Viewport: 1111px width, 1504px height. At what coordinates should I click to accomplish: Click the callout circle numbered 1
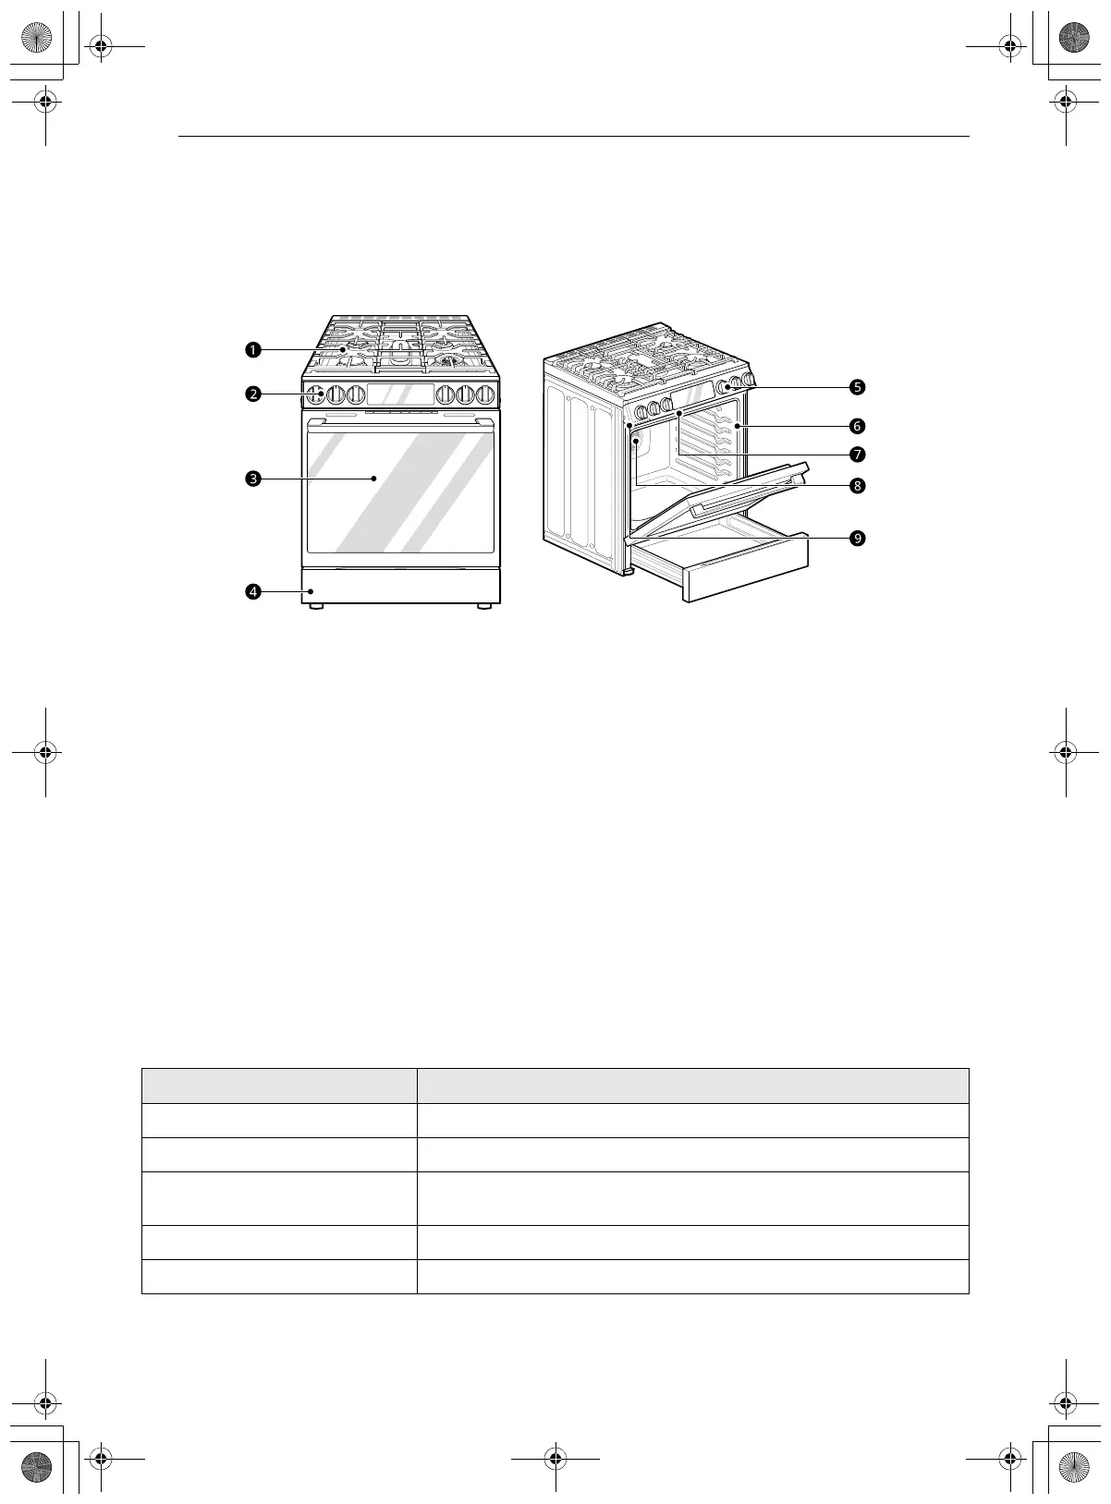coord(253,350)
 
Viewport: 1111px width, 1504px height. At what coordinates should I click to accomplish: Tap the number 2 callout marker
coord(253,394)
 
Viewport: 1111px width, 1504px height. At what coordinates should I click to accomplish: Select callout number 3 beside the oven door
coord(253,479)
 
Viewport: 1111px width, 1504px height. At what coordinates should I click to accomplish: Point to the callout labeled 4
coord(253,592)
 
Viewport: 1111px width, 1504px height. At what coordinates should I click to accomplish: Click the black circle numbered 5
coord(858,387)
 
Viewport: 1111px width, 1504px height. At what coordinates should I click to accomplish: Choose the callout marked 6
coord(858,426)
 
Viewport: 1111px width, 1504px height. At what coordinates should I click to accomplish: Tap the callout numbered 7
coord(858,455)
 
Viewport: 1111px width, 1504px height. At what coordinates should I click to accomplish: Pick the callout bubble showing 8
coord(858,486)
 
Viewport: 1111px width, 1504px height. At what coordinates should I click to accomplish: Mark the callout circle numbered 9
coord(858,539)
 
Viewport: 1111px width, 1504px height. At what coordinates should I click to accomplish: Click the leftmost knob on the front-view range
coord(315,394)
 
